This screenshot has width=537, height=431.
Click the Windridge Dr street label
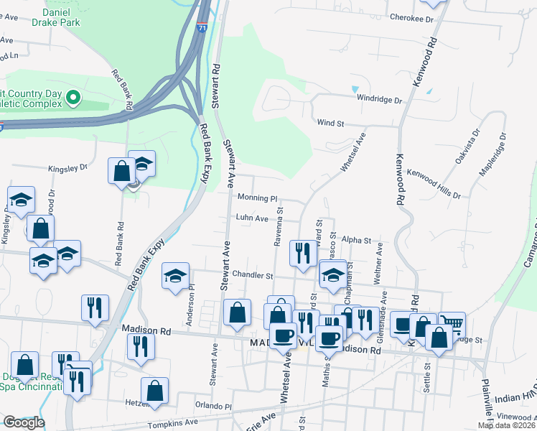pos(380,100)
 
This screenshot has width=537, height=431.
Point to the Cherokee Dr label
pos(411,17)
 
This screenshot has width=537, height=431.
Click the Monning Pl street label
pos(257,198)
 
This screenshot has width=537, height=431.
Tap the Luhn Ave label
pos(252,218)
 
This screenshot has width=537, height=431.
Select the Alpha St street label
pos(356,240)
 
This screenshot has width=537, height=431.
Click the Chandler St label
pos(253,275)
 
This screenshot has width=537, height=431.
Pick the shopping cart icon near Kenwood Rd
pos(452,324)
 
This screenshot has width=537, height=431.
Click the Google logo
pos(23,422)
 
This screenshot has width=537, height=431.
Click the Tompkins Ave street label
pos(173,422)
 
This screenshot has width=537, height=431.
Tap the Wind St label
pos(330,124)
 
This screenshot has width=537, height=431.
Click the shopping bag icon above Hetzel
pos(154,390)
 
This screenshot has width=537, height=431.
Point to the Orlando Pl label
pos(218,406)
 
